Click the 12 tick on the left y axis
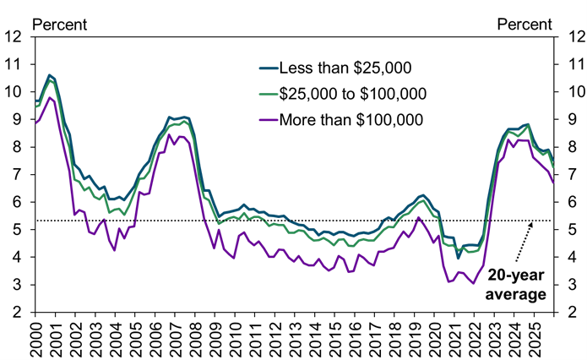coord(14,36)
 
